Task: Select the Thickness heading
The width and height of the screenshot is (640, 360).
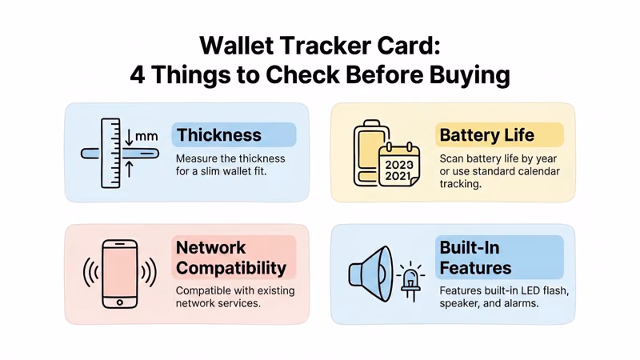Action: [218, 135]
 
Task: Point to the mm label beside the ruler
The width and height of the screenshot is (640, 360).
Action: [146, 136]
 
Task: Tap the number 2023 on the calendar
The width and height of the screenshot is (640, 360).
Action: [399, 165]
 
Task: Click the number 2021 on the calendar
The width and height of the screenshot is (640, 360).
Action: [399, 177]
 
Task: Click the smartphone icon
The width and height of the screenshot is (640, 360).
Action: [120, 274]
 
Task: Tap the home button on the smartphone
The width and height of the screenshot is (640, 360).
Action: [120, 302]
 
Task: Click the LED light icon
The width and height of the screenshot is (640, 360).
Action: [410, 278]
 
